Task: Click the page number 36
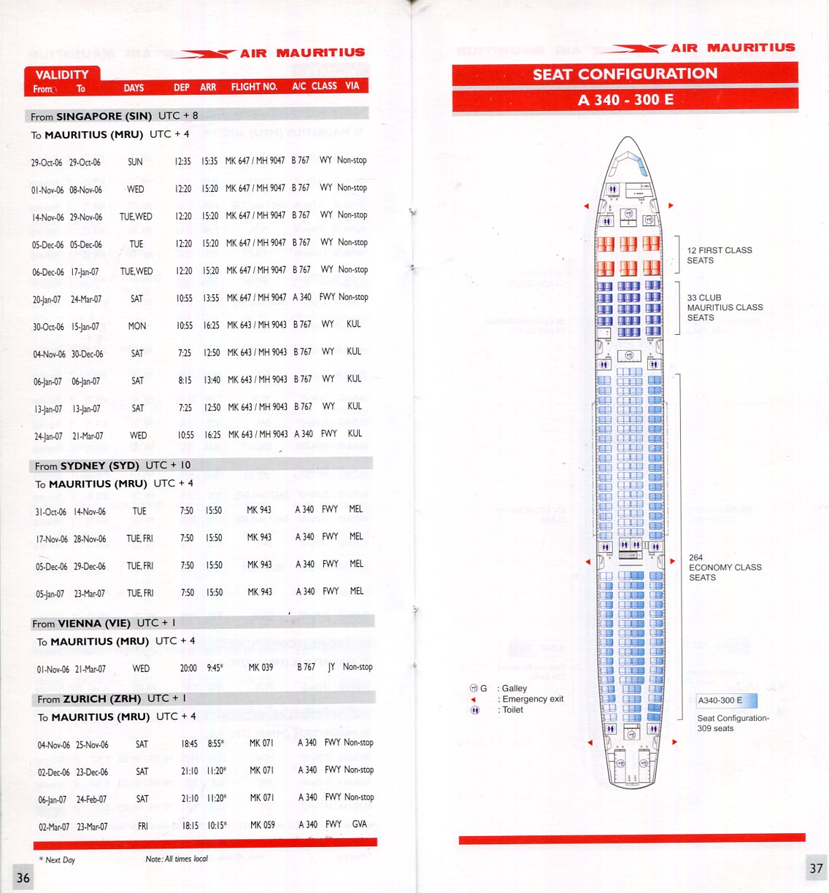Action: tap(23, 877)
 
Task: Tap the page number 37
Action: tap(816, 868)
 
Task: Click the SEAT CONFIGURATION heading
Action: tap(625, 74)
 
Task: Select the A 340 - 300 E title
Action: tap(625, 100)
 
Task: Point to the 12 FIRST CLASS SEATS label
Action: tap(719, 255)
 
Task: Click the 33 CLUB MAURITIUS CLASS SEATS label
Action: tap(724, 307)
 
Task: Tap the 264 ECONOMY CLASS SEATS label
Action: tap(725, 567)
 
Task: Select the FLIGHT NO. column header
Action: tap(254, 87)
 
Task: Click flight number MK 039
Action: tap(261, 667)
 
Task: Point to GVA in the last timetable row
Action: tap(359, 824)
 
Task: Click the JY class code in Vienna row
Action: tap(331, 667)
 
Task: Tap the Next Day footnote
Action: tap(58, 859)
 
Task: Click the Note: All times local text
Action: tap(177, 859)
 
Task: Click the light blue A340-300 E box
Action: tap(727, 700)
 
